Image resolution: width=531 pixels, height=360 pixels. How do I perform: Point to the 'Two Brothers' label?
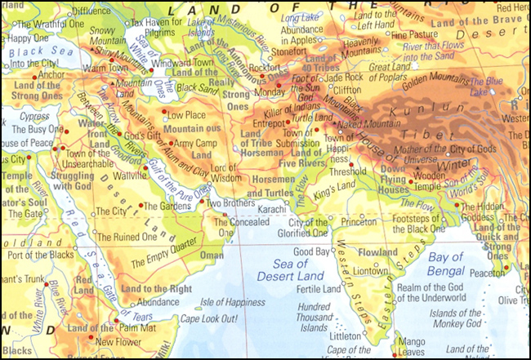tap(225, 202)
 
